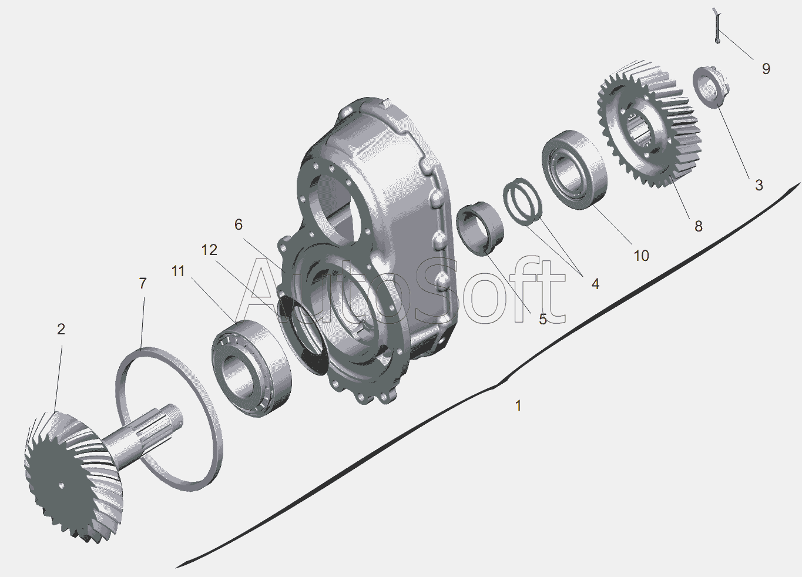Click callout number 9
(766, 68)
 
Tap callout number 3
(759, 185)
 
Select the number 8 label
(698, 226)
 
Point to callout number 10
(641, 256)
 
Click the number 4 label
(595, 284)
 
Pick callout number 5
(543, 319)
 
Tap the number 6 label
(239, 224)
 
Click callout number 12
(209, 250)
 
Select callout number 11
(178, 271)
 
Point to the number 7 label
(143, 283)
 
